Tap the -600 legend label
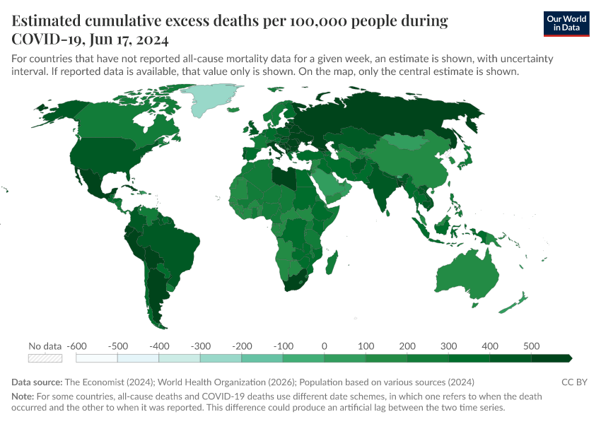pyautogui.click(x=76, y=346)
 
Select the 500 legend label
pyautogui.click(x=531, y=346)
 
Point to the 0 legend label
pyautogui.click(x=324, y=346)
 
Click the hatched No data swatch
pyautogui.click(x=44, y=358)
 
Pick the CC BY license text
pyautogui.click(x=574, y=382)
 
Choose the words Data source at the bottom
pyautogui.click(x=35, y=382)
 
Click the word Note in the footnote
pyautogui.click(x=23, y=396)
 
